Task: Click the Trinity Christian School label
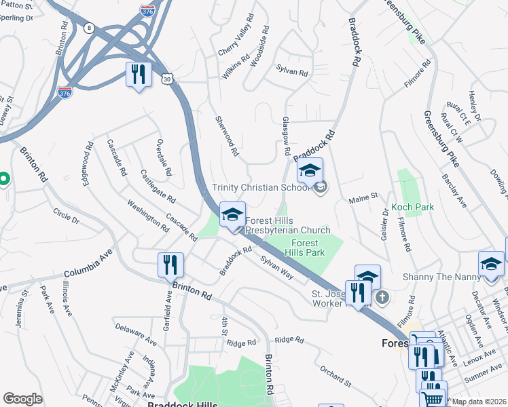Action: [x=261, y=187]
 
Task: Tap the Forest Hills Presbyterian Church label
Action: [x=287, y=225]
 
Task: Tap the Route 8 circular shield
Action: [x=89, y=28]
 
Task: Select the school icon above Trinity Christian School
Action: [x=310, y=170]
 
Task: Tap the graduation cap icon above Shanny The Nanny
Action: [x=491, y=264]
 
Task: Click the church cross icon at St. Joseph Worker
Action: [x=382, y=296]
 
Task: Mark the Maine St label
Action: [x=363, y=198]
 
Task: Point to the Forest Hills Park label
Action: [x=308, y=248]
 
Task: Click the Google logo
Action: [x=22, y=399]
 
